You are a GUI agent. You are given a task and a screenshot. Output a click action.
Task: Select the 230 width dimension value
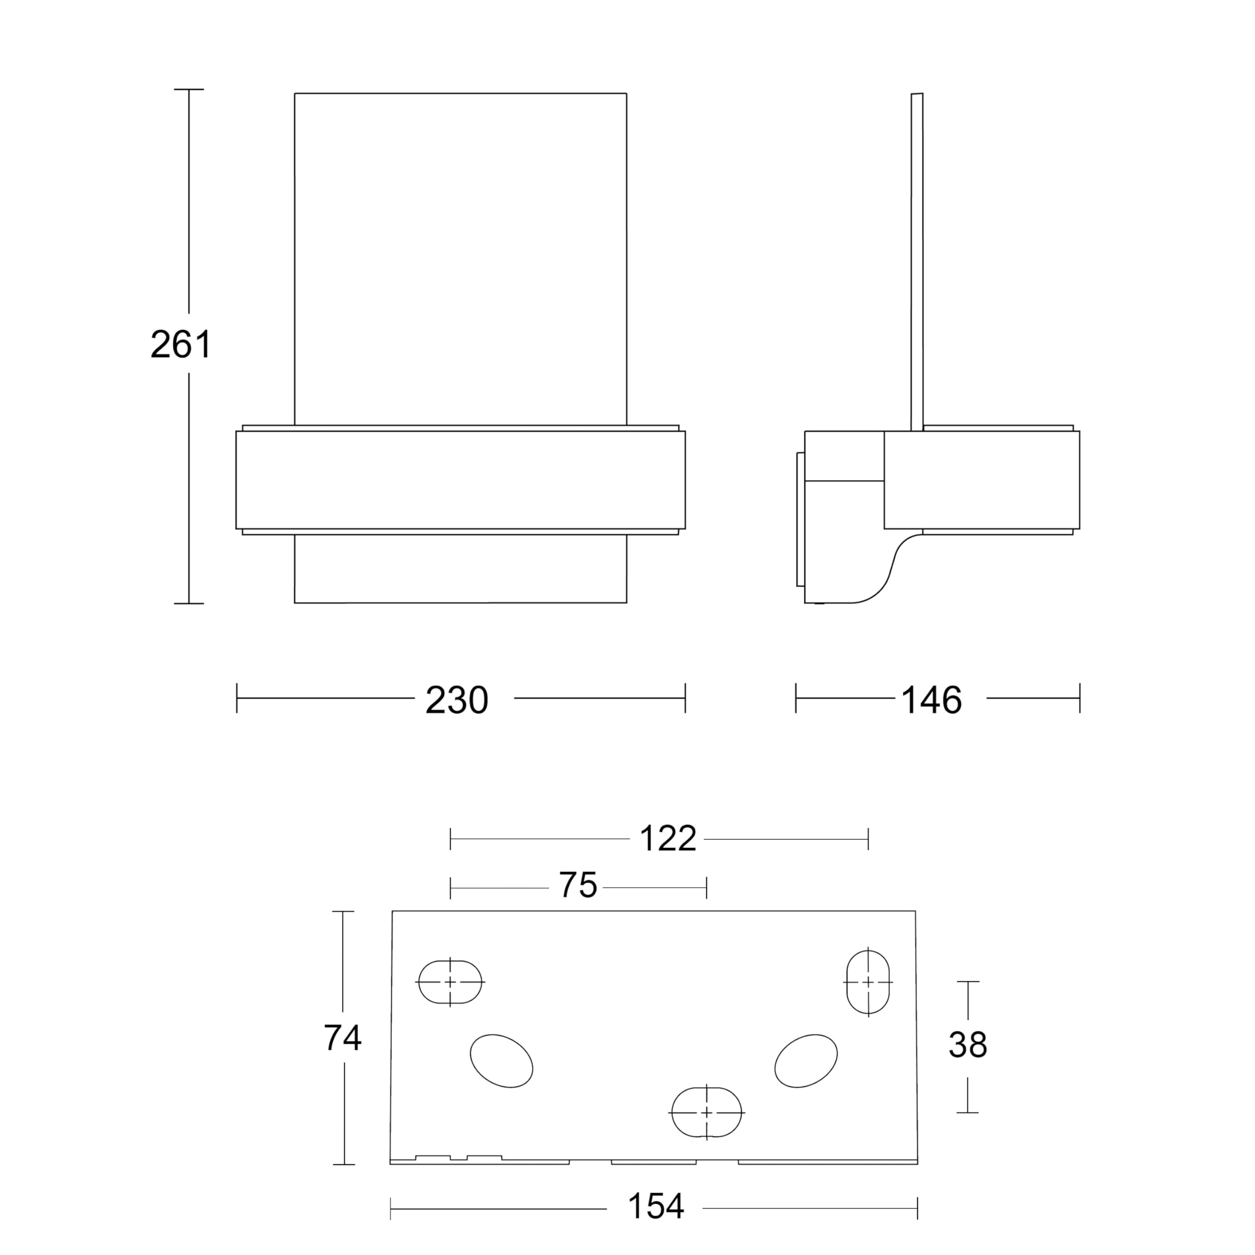click(x=457, y=700)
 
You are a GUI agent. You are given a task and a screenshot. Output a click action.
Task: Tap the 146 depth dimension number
click(x=931, y=700)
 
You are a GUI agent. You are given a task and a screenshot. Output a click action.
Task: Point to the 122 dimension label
click(x=668, y=839)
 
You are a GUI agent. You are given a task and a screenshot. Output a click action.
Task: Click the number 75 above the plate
click(x=578, y=885)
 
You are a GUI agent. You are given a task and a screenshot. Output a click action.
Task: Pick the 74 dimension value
click(x=342, y=1038)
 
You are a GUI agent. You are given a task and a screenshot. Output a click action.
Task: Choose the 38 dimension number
click(x=968, y=1045)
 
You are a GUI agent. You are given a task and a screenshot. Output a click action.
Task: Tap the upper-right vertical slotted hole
click(x=868, y=982)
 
